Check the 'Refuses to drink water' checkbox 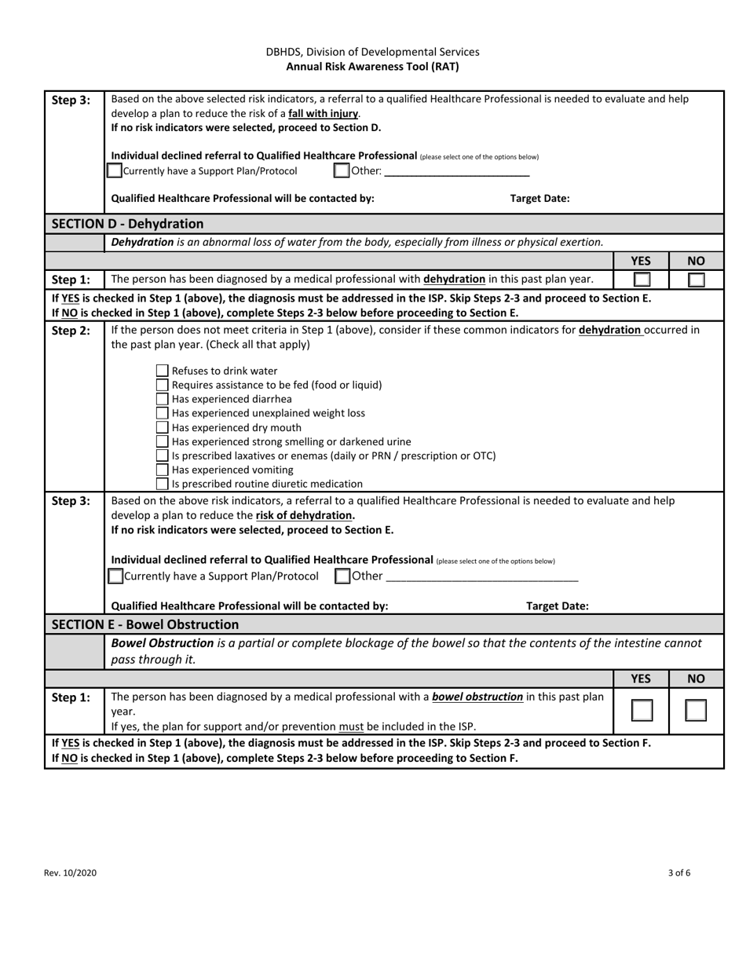(162, 371)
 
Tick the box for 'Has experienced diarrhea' (162, 399)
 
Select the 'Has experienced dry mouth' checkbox (162, 427)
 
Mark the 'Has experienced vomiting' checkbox (162, 470)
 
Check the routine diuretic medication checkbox (162, 484)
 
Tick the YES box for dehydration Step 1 (642, 280)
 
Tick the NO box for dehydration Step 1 (696, 280)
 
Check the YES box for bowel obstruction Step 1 (642, 711)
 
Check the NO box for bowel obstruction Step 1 (696, 711)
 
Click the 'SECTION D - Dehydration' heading (127, 224)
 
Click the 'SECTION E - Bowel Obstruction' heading (145, 624)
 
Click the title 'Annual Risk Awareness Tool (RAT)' (372, 67)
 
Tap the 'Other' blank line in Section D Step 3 (482, 576)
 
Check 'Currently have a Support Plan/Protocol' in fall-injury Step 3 (115, 170)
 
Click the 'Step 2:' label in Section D (71, 331)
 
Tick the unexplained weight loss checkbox (162, 413)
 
